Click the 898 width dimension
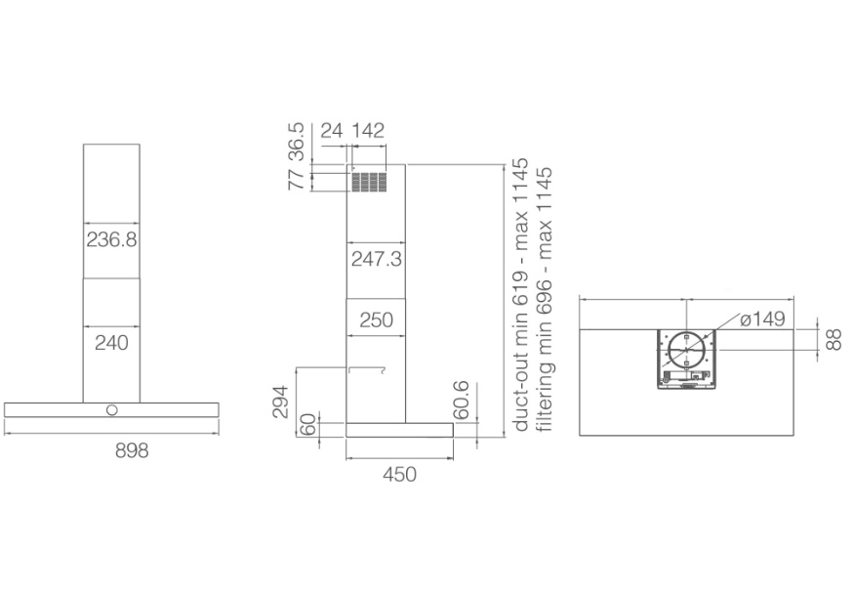point(132,450)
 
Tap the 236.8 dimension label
point(111,239)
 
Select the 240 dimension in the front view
point(111,343)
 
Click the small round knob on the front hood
point(111,410)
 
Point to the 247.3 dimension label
point(377,259)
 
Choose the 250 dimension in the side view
point(377,320)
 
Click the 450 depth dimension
point(400,474)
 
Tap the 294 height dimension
point(280,402)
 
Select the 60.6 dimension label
point(461,400)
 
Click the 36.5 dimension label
point(297,142)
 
